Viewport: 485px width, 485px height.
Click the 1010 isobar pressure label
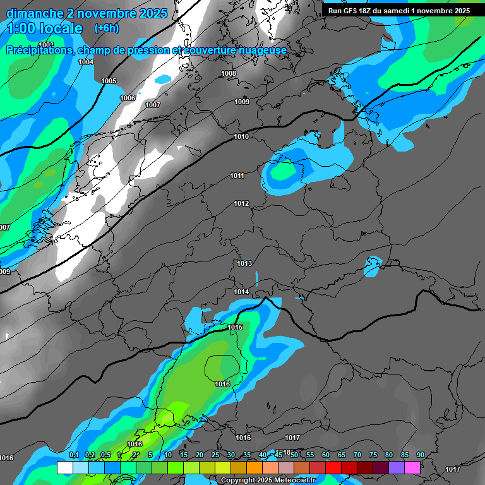click(241, 136)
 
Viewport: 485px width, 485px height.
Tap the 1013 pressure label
click(244, 263)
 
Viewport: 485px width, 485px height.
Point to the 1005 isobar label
click(109, 81)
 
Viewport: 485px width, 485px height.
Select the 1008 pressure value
click(229, 73)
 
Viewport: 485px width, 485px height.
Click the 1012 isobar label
click(241, 203)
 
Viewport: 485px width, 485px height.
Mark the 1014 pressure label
click(241, 292)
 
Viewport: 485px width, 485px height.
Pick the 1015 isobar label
click(236, 327)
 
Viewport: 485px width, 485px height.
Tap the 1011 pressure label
click(237, 176)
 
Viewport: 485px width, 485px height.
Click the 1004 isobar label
click(86, 62)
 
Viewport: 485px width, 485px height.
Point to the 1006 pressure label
click(128, 98)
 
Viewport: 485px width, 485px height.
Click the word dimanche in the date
click(39, 13)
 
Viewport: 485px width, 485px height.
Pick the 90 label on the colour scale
click(421, 455)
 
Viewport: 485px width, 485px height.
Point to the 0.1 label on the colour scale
click(73, 455)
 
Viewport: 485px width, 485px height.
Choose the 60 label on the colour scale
click(326, 455)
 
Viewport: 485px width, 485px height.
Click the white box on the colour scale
click(64, 467)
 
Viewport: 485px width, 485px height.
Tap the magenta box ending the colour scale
click(412, 467)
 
